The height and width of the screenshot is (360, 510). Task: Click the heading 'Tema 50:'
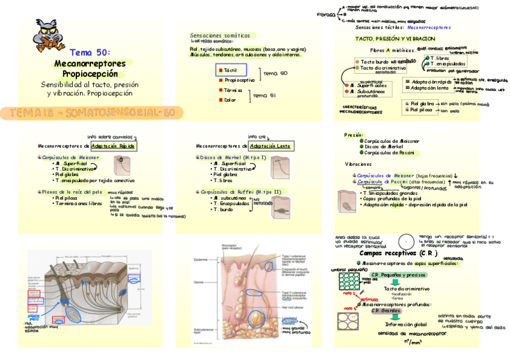pos(90,53)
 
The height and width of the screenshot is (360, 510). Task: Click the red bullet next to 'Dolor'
pos(220,100)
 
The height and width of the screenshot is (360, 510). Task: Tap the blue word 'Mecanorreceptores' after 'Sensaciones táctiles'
pos(429,28)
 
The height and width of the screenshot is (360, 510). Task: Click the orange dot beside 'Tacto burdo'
pos(357,62)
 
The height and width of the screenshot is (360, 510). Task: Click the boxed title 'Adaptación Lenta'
pos(271,146)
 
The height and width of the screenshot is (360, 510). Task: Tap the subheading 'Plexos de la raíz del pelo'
pos(70,192)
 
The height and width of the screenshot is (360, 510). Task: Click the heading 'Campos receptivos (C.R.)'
pos(393,253)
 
